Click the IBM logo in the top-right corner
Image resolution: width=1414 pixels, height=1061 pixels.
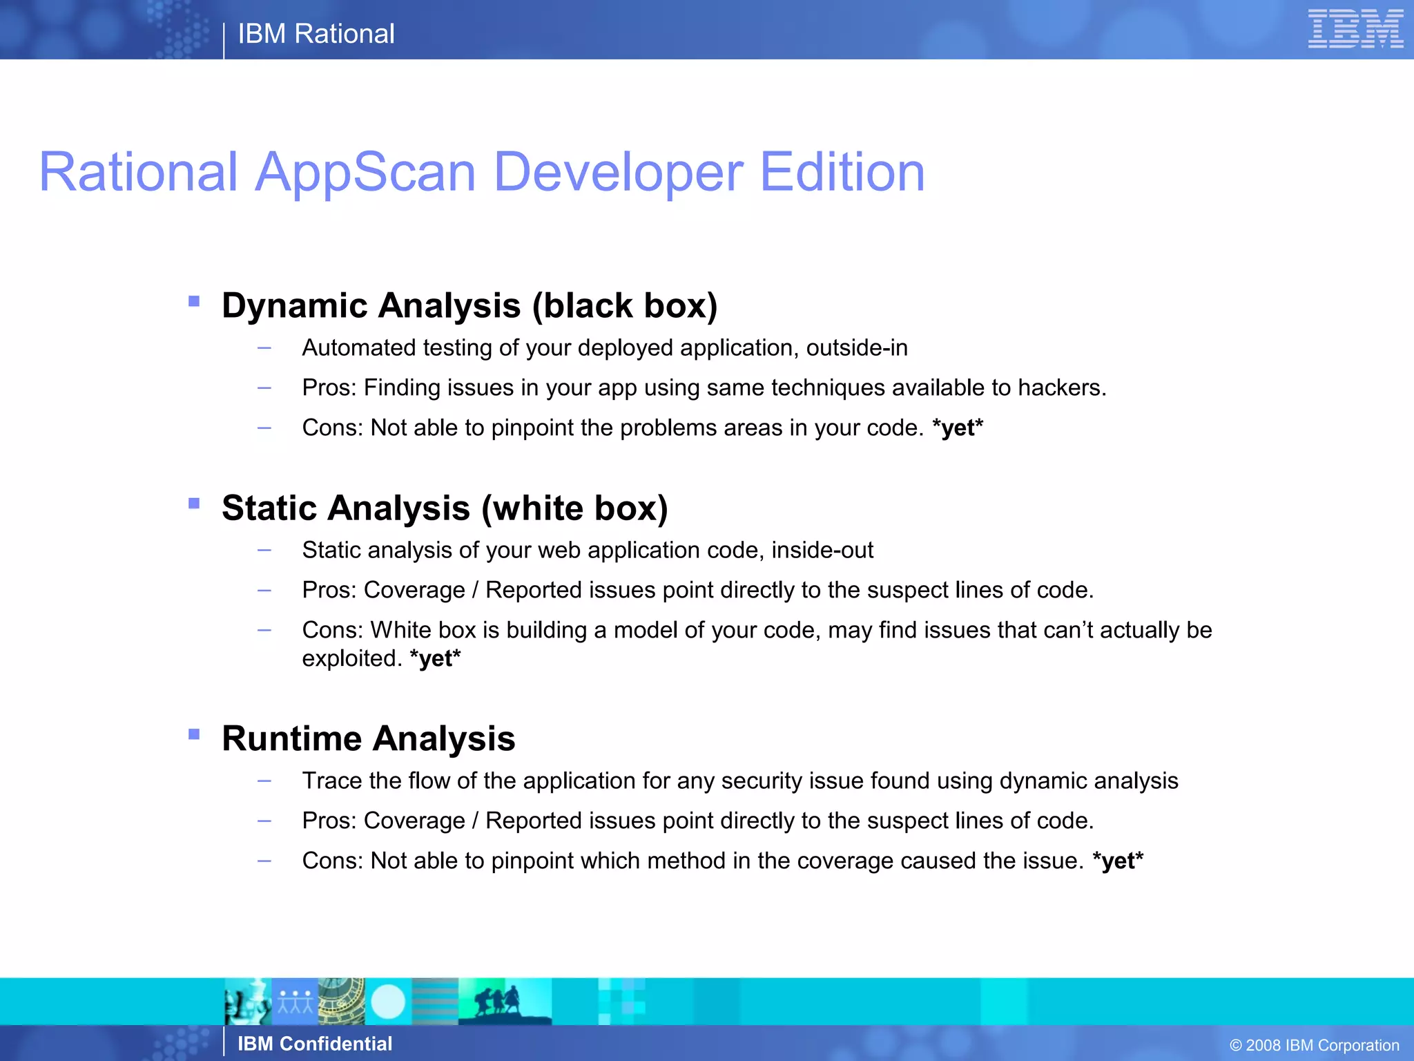click(x=1355, y=29)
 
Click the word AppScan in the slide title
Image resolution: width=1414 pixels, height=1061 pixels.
click(x=366, y=172)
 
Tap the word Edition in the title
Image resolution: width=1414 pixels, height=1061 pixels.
click(x=842, y=172)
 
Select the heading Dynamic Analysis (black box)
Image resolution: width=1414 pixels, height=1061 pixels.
click(x=469, y=305)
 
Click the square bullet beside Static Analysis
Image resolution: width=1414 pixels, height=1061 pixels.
click(x=194, y=504)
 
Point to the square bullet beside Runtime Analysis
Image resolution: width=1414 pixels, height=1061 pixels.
click(x=194, y=734)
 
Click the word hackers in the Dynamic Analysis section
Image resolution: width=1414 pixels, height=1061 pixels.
click(x=1060, y=388)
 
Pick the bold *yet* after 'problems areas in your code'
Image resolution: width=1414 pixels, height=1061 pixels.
click(x=957, y=428)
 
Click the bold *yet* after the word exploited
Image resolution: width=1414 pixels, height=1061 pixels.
click(x=435, y=658)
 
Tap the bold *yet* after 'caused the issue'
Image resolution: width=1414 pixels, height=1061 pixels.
click(x=1118, y=861)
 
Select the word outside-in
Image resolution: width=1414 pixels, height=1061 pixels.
click(x=857, y=347)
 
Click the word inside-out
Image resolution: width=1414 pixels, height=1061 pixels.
click(x=822, y=550)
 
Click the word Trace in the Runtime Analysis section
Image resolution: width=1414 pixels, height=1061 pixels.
click(x=331, y=781)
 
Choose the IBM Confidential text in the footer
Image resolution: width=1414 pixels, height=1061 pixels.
click(x=315, y=1044)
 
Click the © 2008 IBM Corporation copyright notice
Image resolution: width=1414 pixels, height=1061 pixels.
click(x=1314, y=1045)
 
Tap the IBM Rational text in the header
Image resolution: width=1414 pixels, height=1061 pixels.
click(x=316, y=34)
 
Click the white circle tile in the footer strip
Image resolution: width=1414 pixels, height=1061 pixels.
click(x=388, y=1002)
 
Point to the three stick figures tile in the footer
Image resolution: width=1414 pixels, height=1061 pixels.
click(x=295, y=1002)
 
